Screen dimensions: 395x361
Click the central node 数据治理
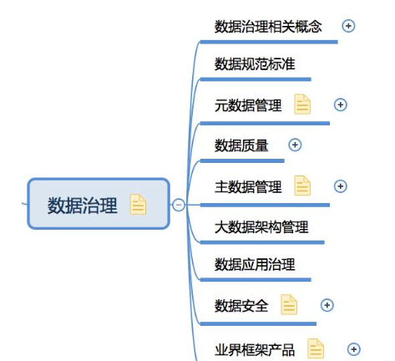coord(99,204)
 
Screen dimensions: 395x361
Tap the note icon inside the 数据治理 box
coord(138,205)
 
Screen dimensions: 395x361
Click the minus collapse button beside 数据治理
coord(179,205)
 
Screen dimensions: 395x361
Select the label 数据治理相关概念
coord(268,27)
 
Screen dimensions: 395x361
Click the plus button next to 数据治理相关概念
coord(348,26)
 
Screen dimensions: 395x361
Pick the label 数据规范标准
coord(255,64)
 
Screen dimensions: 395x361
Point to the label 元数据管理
coord(248,105)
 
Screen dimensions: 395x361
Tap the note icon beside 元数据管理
coord(302,104)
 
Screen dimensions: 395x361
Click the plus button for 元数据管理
coord(340,104)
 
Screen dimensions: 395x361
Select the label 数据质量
coord(241,145)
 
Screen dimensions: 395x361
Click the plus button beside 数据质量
coord(295,145)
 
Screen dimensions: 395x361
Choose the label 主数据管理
coord(248,186)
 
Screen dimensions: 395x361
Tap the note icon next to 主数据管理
coord(302,186)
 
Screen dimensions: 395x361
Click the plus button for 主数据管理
coord(340,186)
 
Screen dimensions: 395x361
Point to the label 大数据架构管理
coord(261,227)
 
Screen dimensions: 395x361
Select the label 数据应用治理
coord(255,264)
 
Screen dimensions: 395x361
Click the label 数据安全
coord(241,306)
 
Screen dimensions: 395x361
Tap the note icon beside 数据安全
coord(289,304)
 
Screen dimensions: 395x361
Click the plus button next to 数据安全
coord(327,305)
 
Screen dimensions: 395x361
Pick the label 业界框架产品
coord(255,350)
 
